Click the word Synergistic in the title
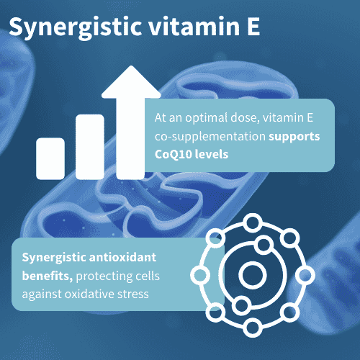coord(75,27)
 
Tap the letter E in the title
coord(253,26)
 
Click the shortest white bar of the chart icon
coord(50,158)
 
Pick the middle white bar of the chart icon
coord(90,147)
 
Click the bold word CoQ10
coord(173,154)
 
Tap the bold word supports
coord(294,137)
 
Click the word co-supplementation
coord(210,137)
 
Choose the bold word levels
coord(212,154)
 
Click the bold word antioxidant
coord(122,258)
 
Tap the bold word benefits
coord(48,276)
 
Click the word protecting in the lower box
coord(104,276)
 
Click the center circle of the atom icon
coord(253,275)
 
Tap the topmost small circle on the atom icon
coord(253,223)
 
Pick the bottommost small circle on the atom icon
coord(253,328)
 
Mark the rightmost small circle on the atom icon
coord(305,275)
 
